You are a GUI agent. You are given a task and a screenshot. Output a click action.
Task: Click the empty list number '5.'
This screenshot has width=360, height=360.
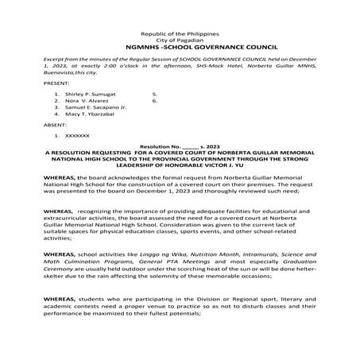pos(153,93)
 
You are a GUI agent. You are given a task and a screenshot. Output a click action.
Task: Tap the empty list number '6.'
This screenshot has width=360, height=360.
pos(153,101)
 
